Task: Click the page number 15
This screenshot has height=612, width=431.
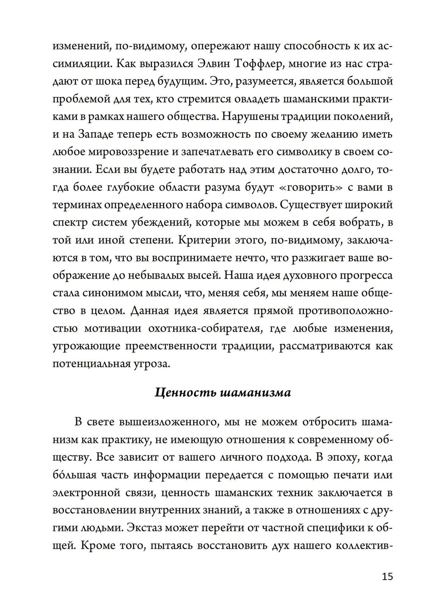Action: point(387,576)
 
